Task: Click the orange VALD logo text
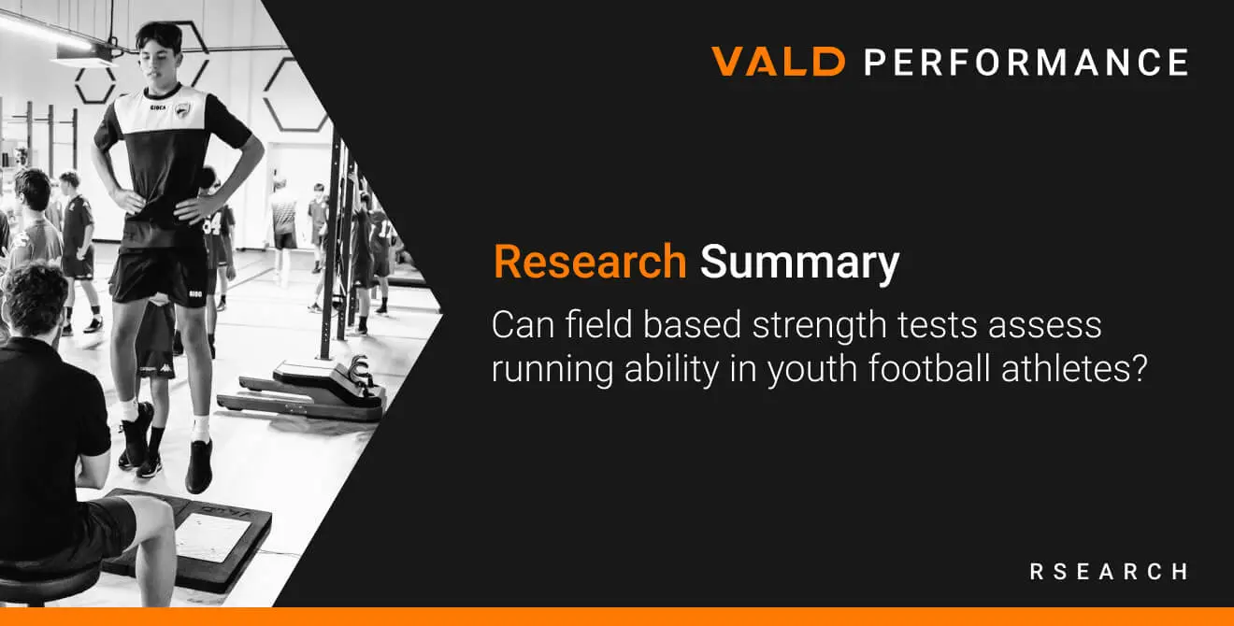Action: coord(778,61)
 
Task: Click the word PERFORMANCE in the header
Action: coord(1026,62)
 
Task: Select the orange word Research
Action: coord(590,262)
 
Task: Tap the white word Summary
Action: coord(799,263)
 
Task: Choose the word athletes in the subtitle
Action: coord(1074,368)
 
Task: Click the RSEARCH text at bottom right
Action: coord(1109,572)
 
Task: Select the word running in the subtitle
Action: coord(552,371)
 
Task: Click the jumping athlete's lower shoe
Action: coord(199,466)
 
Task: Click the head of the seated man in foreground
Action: coord(35,300)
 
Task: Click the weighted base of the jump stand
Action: coord(303,391)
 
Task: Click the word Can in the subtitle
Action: coord(523,325)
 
